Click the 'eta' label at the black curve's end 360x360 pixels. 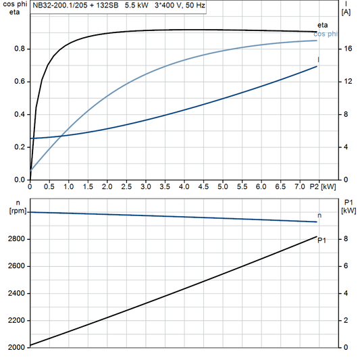(x=322, y=25)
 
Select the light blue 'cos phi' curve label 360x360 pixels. (x=328, y=34)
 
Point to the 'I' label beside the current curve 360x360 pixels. (x=319, y=60)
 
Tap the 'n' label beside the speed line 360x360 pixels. (x=319, y=215)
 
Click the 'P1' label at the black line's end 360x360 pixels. (x=322, y=240)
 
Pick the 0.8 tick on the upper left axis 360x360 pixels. (x=20, y=49)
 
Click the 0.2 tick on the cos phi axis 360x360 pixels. (x=20, y=147)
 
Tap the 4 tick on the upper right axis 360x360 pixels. (x=345, y=147)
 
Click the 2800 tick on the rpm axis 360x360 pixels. (x=16, y=240)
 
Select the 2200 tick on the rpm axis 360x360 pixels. (x=16, y=321)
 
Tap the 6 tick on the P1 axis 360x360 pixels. (x=345, y=267)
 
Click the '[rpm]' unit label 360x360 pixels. (x=16, y=210)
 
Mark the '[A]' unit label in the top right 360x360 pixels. (x=346, y=12)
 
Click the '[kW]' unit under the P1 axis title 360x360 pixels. (x=348, y=210)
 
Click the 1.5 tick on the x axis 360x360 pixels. (x=88, y=186)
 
